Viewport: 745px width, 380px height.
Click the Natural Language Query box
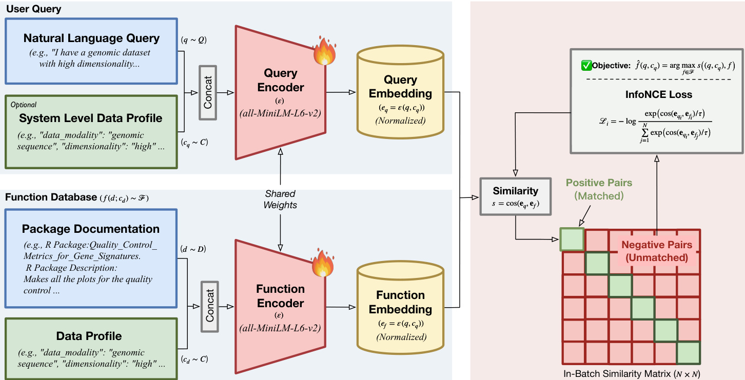click(91, 51)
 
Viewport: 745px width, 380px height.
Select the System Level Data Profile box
click(91, 131)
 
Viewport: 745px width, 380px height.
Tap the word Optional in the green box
click(24, 105)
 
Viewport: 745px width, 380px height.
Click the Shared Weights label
click(281, 199)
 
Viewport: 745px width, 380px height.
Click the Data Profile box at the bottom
click(91, 348)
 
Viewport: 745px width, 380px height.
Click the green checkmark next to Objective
click(585, 66)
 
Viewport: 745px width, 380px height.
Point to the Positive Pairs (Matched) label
click(599, 189)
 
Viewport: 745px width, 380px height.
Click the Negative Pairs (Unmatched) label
click(657, 251)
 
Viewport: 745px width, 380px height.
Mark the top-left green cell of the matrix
click(572, 239)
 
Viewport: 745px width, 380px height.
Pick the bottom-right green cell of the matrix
click(688, 353)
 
